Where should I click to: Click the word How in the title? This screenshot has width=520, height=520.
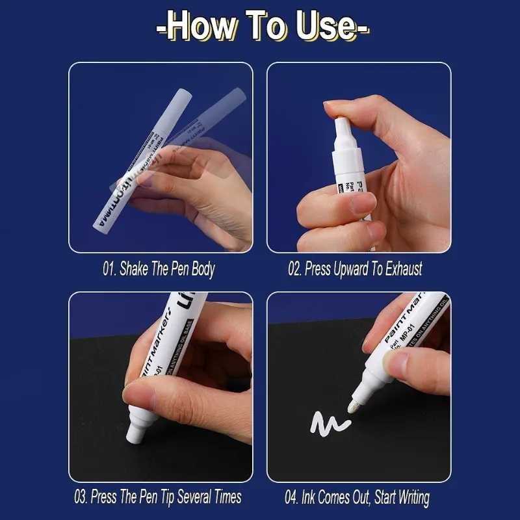198,28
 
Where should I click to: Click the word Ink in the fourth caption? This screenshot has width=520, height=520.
313,498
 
